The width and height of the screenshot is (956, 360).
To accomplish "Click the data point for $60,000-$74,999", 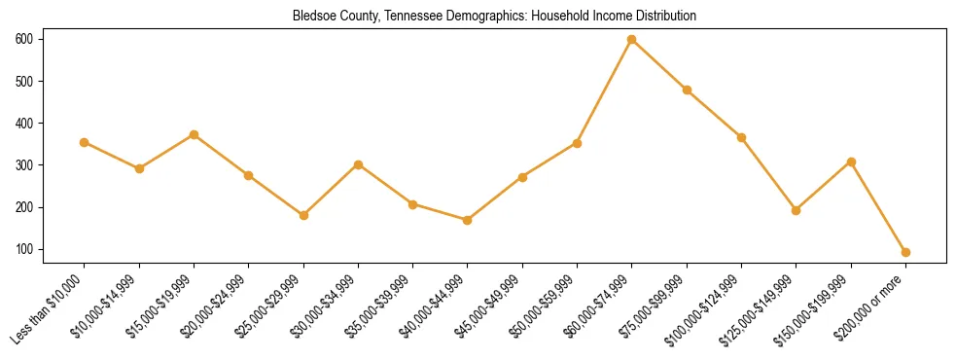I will click(x=632, y=39).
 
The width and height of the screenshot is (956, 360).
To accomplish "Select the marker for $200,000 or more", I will click(x=905, y=252).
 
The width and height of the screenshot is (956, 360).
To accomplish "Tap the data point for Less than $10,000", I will click(x=85, y=142).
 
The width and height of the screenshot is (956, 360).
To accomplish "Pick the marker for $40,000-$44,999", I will click(x=468, y=220).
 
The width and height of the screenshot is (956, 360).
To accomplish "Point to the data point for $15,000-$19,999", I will click(x=195, y=134).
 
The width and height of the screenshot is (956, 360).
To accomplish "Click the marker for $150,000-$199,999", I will click(x=851, y=162).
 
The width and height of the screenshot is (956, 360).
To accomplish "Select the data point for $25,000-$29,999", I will click(x=303, y=215).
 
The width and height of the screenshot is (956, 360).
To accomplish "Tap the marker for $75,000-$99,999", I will click(x=687, y=90).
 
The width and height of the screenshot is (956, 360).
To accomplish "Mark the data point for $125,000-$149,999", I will click(x=796, y=210).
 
